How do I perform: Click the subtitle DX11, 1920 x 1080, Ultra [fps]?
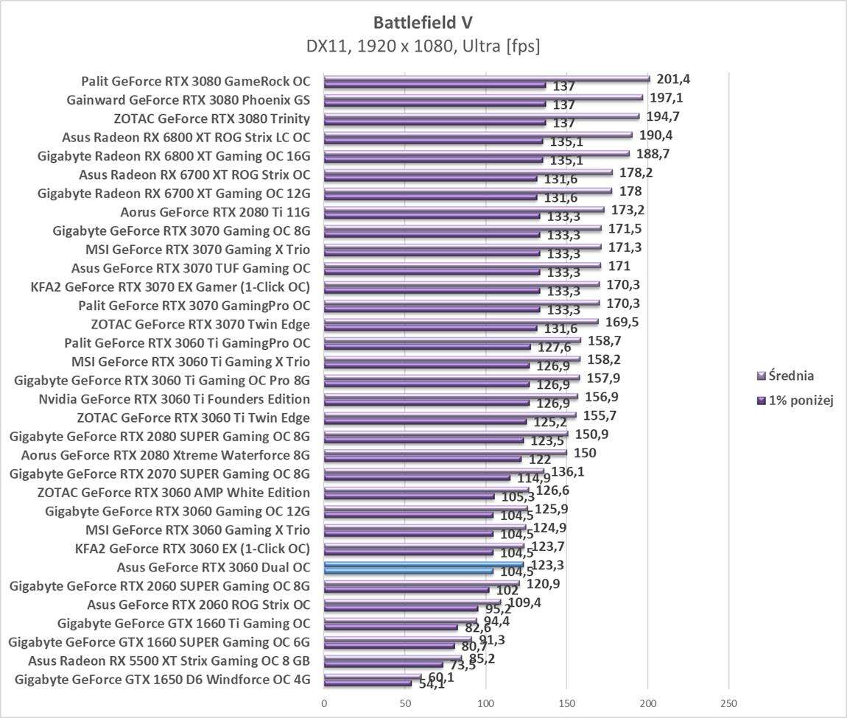(423, 46)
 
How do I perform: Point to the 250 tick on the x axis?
(728, 703)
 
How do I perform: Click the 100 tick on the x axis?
(486, 703)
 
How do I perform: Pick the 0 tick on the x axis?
(324, 703)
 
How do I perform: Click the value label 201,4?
(673, 80)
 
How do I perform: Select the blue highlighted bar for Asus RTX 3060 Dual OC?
(423, 566)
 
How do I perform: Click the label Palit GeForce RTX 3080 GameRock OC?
(196, 81)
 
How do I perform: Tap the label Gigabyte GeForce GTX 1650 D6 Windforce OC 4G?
(163, 679)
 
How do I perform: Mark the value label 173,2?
(628, 210)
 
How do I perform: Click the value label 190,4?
(656, 135)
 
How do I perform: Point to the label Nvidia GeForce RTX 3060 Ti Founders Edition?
(174, 399)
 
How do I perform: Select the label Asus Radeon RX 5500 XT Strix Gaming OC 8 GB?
(169, 661)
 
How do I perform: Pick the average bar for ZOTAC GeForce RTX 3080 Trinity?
(482, 116)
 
